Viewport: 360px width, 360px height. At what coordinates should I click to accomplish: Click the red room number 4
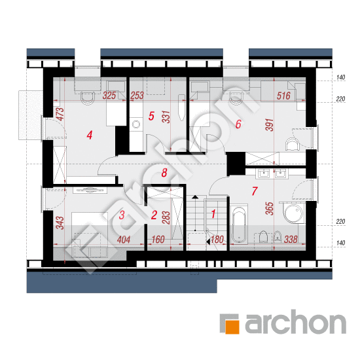[x=90, y=135]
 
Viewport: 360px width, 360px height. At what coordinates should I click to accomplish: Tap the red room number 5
[x=151, y=116]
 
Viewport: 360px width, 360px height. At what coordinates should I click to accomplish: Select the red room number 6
[x=238, y=124]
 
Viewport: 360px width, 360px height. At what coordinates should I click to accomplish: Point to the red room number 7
[x=255, y=191]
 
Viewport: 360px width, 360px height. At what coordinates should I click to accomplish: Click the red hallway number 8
[x=164, y=173]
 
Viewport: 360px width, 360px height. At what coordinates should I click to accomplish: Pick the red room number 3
[x=122, y=215]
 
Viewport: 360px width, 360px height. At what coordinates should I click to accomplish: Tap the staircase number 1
[x=213, y=214]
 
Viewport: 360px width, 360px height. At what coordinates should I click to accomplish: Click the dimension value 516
[x=283, y=96]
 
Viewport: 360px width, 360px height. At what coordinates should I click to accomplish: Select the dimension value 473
[x=60, y=114]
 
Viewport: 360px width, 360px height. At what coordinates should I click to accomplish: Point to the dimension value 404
[x=124, y=240]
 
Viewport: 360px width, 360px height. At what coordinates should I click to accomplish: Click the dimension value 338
[x=291, y=240]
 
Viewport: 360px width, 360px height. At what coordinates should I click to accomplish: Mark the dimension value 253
[x=137, y=96]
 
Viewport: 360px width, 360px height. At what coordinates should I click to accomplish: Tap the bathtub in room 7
[x=239, y=225]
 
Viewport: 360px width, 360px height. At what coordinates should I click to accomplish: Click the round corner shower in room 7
[x=293, y=213]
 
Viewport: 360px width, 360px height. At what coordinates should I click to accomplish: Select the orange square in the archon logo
[x=232, y=327]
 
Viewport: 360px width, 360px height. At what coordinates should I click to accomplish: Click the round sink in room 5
[x=136, y=124]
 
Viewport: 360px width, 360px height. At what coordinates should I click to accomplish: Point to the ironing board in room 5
[x=181, y=107]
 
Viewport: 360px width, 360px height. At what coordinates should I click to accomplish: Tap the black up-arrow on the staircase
[x=195, y=197]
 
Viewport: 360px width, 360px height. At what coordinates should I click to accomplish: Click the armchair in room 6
[x=293, y=145]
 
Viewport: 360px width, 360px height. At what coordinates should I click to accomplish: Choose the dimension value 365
[x=269, y=208]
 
